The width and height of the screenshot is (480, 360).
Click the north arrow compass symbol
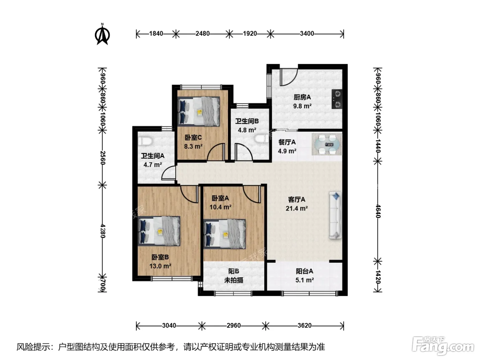[x=102, y=35]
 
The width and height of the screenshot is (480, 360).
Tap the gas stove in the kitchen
[x=337, y=99]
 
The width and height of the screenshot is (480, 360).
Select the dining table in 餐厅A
[x=327, y=144]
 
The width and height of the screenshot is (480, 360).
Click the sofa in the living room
[x=335, y=215]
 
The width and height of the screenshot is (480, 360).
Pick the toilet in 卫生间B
[x=262, y=139]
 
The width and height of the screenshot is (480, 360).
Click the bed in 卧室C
[x=199, y=111]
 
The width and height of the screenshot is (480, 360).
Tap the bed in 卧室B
[x=159, y=231]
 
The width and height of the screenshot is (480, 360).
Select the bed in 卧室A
[x=225, y=234]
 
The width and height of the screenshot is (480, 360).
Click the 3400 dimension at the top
[x=307, y=34]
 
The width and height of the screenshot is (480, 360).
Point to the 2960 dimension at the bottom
[x=233, y=325]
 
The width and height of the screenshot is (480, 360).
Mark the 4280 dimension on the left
[x=103, y=231]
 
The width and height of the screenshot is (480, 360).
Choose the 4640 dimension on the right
[x=378, y=211]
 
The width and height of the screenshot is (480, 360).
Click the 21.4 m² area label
[x=297, y=208]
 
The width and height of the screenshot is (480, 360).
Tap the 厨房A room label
[x=302, y=97]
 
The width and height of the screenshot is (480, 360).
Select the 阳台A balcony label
[x=304, y=271]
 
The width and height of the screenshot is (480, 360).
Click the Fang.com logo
[x=443, y=346]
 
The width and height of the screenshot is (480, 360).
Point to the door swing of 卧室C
[x=215, y=152]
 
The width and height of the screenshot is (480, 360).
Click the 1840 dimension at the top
[x=156, y=34]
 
